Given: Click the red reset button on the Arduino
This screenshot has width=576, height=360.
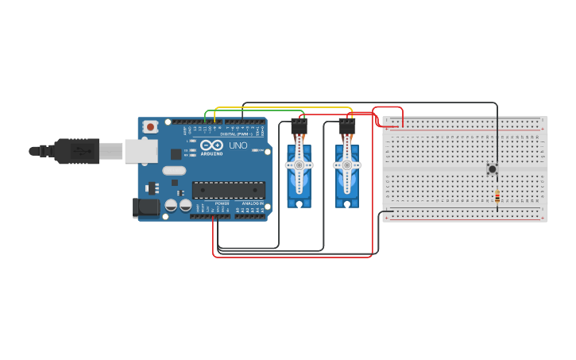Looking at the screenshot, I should [x=150, y=126].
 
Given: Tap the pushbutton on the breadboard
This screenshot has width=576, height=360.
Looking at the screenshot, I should [x=493, y=168].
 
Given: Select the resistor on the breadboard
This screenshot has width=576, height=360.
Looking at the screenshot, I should [x=497, y=196].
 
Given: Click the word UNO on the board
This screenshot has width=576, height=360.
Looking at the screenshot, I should [x=238, y=145].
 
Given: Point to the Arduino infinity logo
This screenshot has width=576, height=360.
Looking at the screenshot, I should [x=212, y=145].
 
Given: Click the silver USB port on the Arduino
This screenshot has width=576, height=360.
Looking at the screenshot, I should [x=141, y=150].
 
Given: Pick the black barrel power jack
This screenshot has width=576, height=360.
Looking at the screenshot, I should [x=145, y=208].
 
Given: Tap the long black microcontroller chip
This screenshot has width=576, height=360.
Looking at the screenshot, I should [x=229, y=190].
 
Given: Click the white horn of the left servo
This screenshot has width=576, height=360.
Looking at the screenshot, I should [x=299, y=165].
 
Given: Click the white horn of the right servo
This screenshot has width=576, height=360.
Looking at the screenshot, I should [x=346, y=165].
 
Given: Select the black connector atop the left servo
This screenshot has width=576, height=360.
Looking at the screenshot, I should [x=299, y=126].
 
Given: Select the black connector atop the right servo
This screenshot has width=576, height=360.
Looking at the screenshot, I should [x=346, y=126].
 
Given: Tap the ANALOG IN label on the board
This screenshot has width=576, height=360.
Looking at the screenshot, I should [x=253, y=204].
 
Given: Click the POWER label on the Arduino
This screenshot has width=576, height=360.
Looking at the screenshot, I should [x=222, y=204].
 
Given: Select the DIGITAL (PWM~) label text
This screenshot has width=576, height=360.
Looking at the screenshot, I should [x=238, y=134].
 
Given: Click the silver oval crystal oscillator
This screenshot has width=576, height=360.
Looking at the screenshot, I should [x=173, y=170].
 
